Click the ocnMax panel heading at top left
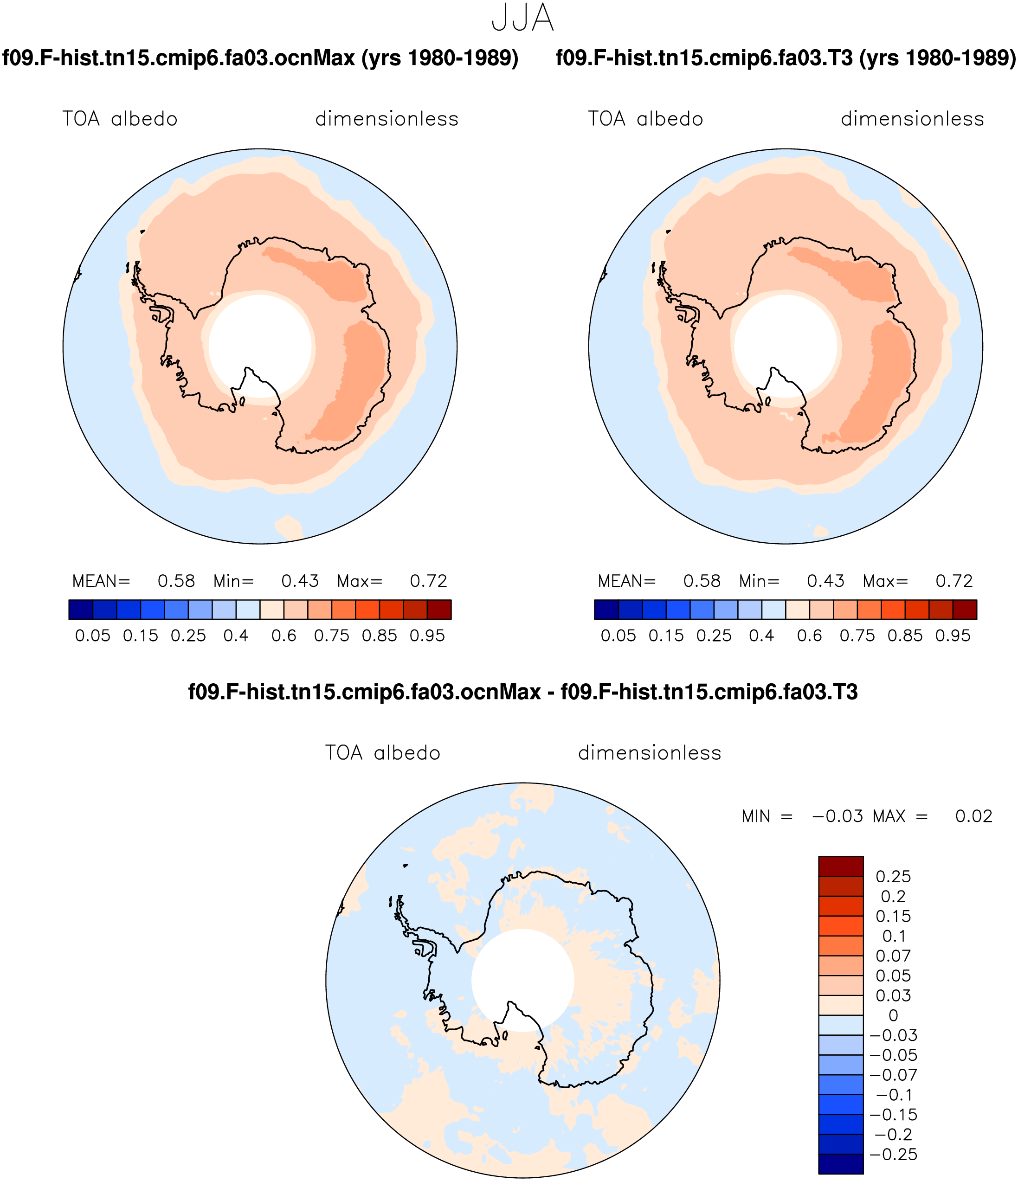[x=260, y=58]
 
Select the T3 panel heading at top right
[x=786, y=58]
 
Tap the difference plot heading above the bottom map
[x=522, y=692]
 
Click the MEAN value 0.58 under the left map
[x=176, y=581]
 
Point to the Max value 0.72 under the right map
[x=954, y=581]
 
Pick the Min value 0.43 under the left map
[x=300, y=581]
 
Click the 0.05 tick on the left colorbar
[x=93, y=635]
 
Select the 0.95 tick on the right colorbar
[x=953, y=635]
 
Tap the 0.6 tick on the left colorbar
[x=284, y=635]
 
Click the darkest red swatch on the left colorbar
[x=439, y=610]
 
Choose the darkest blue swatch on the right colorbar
[x=606, y=610]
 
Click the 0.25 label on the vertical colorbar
[x=893, y=877]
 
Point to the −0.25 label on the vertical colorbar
[x=893, y=1154]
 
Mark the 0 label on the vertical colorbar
[x=893, y=1015]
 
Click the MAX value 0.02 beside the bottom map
[x=974, y=816]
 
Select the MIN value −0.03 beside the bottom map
[x=838, y=816]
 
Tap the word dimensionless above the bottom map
[x=650, y=753]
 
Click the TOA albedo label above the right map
[x=645, y=119]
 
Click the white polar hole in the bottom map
[x=522, y=980]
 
